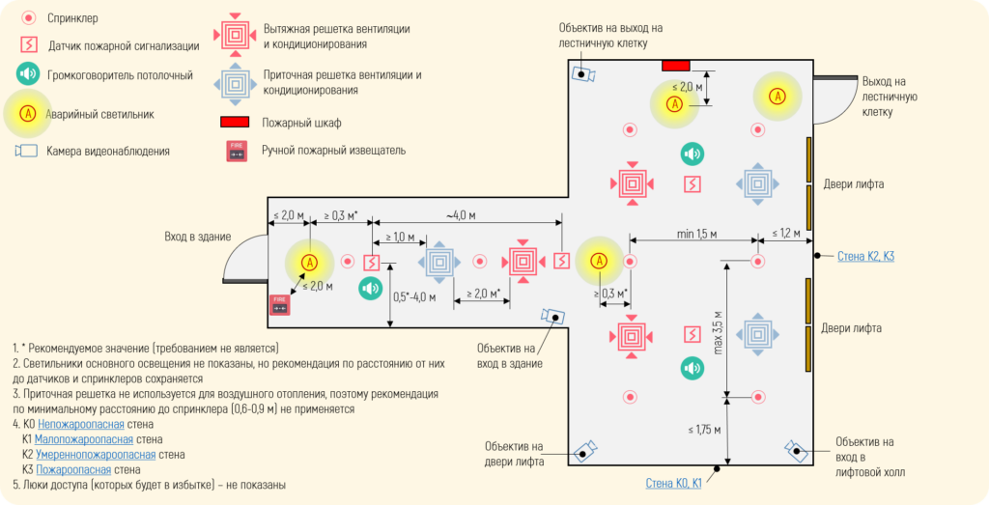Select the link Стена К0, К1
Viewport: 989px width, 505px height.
pos(673,483)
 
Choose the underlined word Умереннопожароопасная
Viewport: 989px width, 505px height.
pos(96,454)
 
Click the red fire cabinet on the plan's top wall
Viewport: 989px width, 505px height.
pos(675,65)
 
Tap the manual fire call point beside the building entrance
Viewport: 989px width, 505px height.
pos(280,304)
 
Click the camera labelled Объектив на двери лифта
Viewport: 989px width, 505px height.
pos(585,450)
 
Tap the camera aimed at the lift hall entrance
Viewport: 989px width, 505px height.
pos(797,450)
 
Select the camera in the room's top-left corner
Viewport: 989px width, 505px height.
pos(583,72)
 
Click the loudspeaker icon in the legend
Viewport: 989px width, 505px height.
pos(29,74)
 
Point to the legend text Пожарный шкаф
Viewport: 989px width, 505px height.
pos(302,123)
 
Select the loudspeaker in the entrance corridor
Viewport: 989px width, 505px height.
pos(371,289)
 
